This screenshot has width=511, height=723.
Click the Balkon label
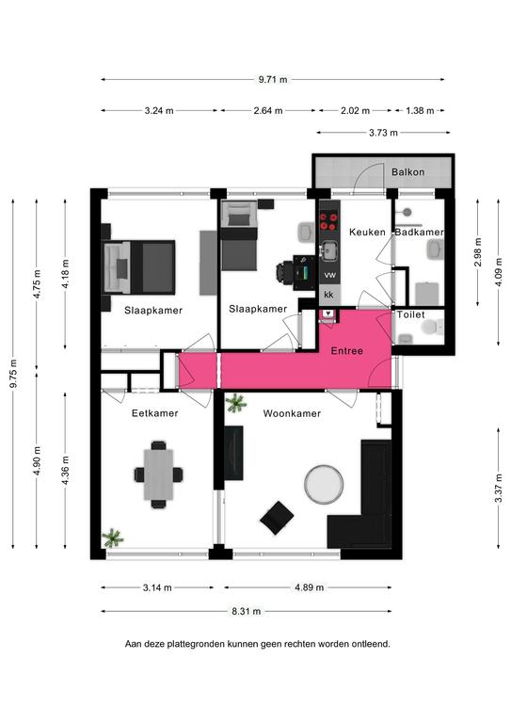coord(407,172)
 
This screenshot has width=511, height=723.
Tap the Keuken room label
coord(367,232)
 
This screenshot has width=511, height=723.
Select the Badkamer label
coord(420,232)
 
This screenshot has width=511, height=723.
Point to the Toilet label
coord(411,314)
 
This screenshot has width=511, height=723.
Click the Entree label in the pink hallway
coord(347,351)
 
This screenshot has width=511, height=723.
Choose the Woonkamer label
coord(292,413)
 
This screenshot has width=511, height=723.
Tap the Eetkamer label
coord(155,413)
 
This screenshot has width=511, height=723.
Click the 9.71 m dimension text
coord(273,79)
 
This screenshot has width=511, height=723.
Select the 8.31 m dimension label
coord(246,611)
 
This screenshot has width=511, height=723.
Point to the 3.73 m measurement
coord(383,133)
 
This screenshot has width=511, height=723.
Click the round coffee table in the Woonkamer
coord(324,484)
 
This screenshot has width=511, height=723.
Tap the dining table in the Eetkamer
coord(158,474)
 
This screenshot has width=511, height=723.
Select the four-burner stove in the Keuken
coord(329,220)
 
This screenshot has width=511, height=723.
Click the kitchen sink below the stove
coord(329,250)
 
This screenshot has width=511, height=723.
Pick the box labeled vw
coord(330,275)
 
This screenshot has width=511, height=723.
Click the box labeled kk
coord(329,295)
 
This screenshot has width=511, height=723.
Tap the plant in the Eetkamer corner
coord(112,538)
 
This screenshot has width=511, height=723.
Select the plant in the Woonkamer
coord(236,403)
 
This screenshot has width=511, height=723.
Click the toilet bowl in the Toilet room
coord(430,328)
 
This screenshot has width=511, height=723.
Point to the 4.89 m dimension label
coord(310,587)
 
